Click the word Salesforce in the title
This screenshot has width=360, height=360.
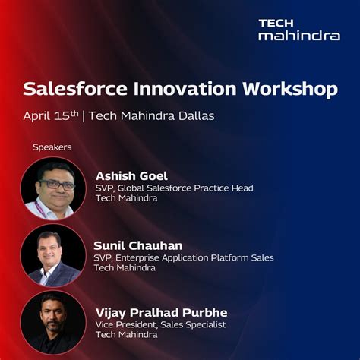(x=71, y=89)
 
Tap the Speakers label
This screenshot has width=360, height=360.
(x=52, y=147)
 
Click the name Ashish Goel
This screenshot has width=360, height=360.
(x=131, y=175)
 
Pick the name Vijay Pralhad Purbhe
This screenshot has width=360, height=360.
(x=162, y=313)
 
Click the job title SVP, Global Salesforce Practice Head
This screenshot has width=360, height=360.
(x=174, y=188)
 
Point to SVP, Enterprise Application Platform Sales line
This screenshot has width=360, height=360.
(x=184, y=257)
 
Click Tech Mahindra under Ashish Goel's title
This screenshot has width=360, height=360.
(x=126, y=198)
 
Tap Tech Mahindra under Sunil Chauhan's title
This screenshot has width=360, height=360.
(x=125, y=268)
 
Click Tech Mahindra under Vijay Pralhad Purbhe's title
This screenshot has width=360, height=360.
(x=126, y=335)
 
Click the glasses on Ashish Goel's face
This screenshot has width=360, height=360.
(x=55, y=184)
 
